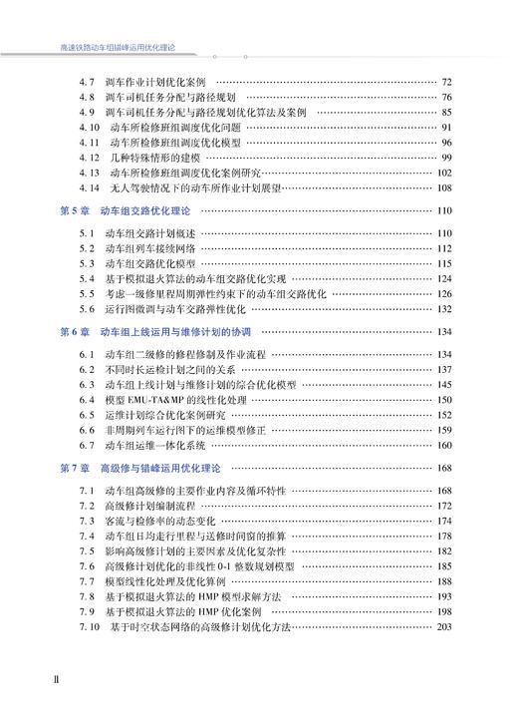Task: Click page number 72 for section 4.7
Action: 446,82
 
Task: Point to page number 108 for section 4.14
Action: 444,187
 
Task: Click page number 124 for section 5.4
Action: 444,279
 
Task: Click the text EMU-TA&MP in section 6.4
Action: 157,399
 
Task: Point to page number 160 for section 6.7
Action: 444,445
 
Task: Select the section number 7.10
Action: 89,626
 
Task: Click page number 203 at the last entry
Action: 444,626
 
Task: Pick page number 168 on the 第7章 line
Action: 444,468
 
